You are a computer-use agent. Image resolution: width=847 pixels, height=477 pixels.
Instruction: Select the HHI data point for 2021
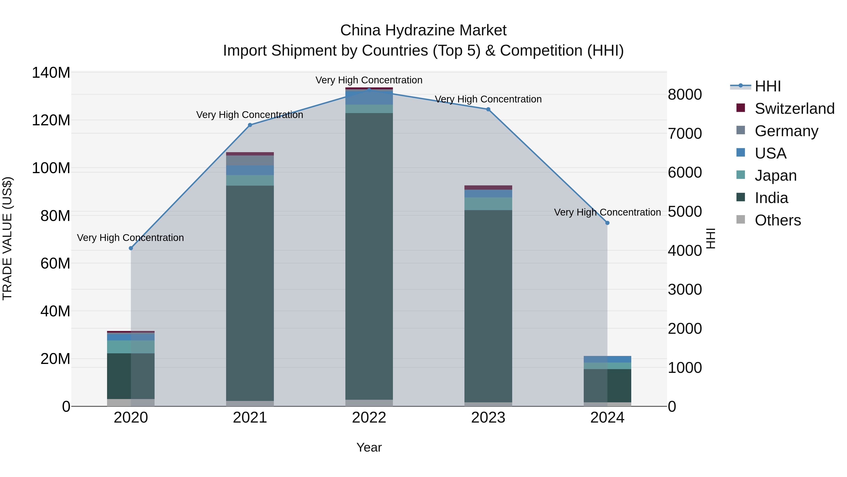pyautogui.click(x=250, y=125)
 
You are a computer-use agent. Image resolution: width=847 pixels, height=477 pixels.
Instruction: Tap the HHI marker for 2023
pyautogui.click(x=488, y=109)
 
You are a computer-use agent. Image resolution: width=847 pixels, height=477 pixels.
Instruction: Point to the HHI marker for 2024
pyautogui.click(x=607, y=223)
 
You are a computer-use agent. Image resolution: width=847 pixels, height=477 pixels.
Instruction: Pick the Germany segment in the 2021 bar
pyautogui.click(x=250, y=160)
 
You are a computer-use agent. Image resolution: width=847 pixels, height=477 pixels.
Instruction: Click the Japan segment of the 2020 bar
pyautogui.click(x=131, y=347)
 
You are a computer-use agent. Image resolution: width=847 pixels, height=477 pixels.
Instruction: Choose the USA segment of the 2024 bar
pyautogui.click(x=607, y=359)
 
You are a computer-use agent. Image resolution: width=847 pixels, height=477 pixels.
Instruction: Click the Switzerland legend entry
pyautogui.click(x=794, y=109)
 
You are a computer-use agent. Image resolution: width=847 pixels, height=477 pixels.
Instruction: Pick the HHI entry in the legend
pyautogui.click(x=767, y=86)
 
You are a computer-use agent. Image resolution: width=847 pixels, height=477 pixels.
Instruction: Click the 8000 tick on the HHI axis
pyautogui.click(x=685, y=94)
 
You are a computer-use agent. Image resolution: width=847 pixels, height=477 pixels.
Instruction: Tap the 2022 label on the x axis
pyautogui.click(x=369, y=418)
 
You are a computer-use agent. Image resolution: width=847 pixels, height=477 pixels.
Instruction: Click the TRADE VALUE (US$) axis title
pyautogui.click(x=7, y=238)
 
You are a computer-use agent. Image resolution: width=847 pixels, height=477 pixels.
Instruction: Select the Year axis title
pyautogui.click(x=369, y=447)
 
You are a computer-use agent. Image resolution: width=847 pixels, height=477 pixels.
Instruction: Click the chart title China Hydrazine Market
pyautogui.click(x=423, y=30)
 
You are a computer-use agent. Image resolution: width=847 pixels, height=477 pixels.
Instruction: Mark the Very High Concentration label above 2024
pyautogui.click(x=607, y=212)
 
